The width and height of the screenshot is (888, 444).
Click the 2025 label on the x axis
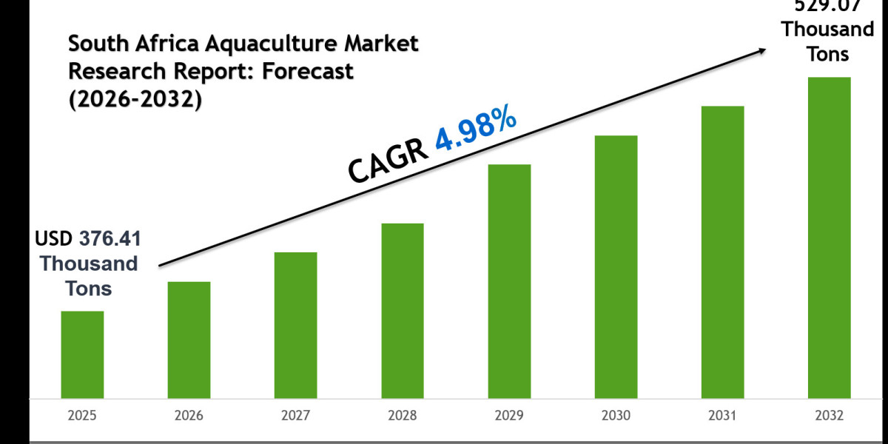tap(82, 417)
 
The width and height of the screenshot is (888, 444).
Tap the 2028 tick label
tap(402, 417)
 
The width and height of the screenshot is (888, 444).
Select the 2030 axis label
tap(616, 417)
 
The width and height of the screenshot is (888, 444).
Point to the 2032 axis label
tap(829, 417)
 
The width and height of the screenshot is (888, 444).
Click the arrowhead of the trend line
tap(760, 50)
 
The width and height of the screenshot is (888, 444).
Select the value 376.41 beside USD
tap(108, 238)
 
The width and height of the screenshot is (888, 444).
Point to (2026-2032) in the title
tap(135, 100)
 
